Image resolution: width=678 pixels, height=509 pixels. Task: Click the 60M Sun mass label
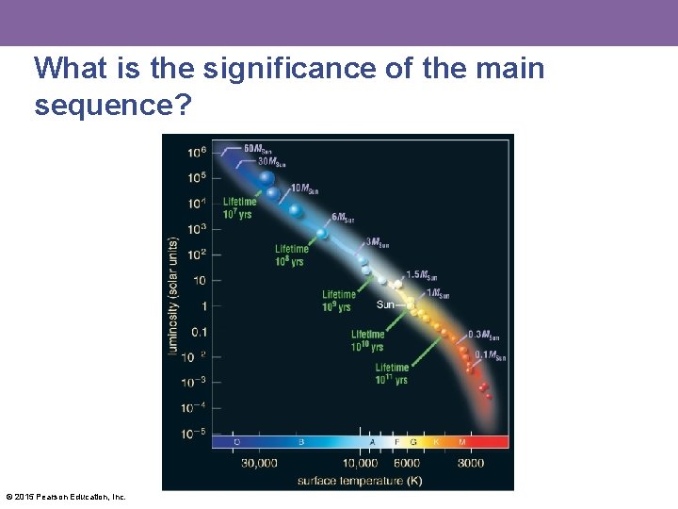point(258,148)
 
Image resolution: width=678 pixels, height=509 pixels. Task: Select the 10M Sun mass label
point(304,189)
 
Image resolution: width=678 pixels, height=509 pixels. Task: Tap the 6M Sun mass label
point(343,218)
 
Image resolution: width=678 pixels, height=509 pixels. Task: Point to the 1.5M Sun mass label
point(422,275)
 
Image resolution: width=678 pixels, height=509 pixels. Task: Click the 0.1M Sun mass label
point(490,355)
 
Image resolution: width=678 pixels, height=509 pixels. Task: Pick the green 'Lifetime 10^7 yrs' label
point(238,208)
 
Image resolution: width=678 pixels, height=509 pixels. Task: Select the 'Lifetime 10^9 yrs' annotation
point(338,301)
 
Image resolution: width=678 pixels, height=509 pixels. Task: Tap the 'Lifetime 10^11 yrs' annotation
point(392,373)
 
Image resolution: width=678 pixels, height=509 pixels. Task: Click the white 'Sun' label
point(385,304)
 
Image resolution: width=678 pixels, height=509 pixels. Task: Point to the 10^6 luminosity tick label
point(197,153)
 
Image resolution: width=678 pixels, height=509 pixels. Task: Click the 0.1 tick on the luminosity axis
point(199,331)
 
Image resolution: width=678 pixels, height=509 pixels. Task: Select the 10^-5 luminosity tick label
point(194,433)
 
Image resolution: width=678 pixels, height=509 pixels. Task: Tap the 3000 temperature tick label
point(471,463)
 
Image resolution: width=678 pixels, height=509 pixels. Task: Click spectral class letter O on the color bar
point(236,441)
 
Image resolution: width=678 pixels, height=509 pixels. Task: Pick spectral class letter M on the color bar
point(461,441)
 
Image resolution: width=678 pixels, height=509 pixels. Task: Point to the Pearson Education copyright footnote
point(66,496)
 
